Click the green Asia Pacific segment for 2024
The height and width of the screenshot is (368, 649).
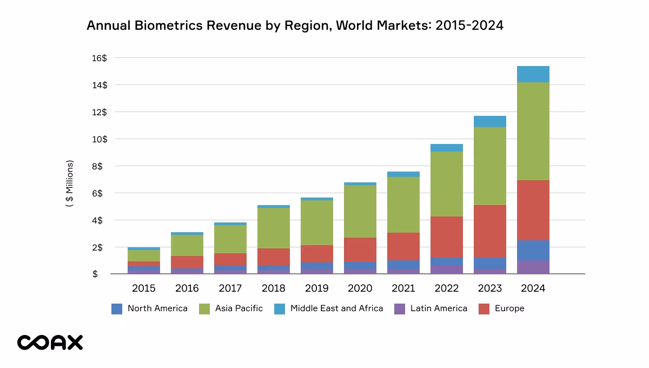[x=533, y=131]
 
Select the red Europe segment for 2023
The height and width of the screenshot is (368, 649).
[x=489, y=231]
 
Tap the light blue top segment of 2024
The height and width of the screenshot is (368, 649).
[x=533, y=74]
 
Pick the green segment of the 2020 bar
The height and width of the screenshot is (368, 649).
[x=360, y=211]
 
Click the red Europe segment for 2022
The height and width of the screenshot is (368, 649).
[x=446, y=236]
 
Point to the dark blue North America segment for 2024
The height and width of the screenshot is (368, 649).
[x=533, y=250]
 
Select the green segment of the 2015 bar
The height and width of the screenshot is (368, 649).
[x=143, y=255]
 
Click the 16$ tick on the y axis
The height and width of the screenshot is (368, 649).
[x=100, y=58]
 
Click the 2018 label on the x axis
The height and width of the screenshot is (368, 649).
[x=273, y=288]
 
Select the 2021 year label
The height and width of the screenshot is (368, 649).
[x=403, y=288]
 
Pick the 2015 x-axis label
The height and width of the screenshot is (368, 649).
[x=143, y=288]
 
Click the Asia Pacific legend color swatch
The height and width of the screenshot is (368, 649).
[x=204, y=308]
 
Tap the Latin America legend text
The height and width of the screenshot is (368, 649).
[x=439, y=308]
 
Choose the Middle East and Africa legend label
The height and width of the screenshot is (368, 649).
[x=336, y=308]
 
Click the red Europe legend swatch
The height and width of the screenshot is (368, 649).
[x=484, y=308]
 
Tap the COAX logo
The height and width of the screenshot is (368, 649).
[x=50, y=342]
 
